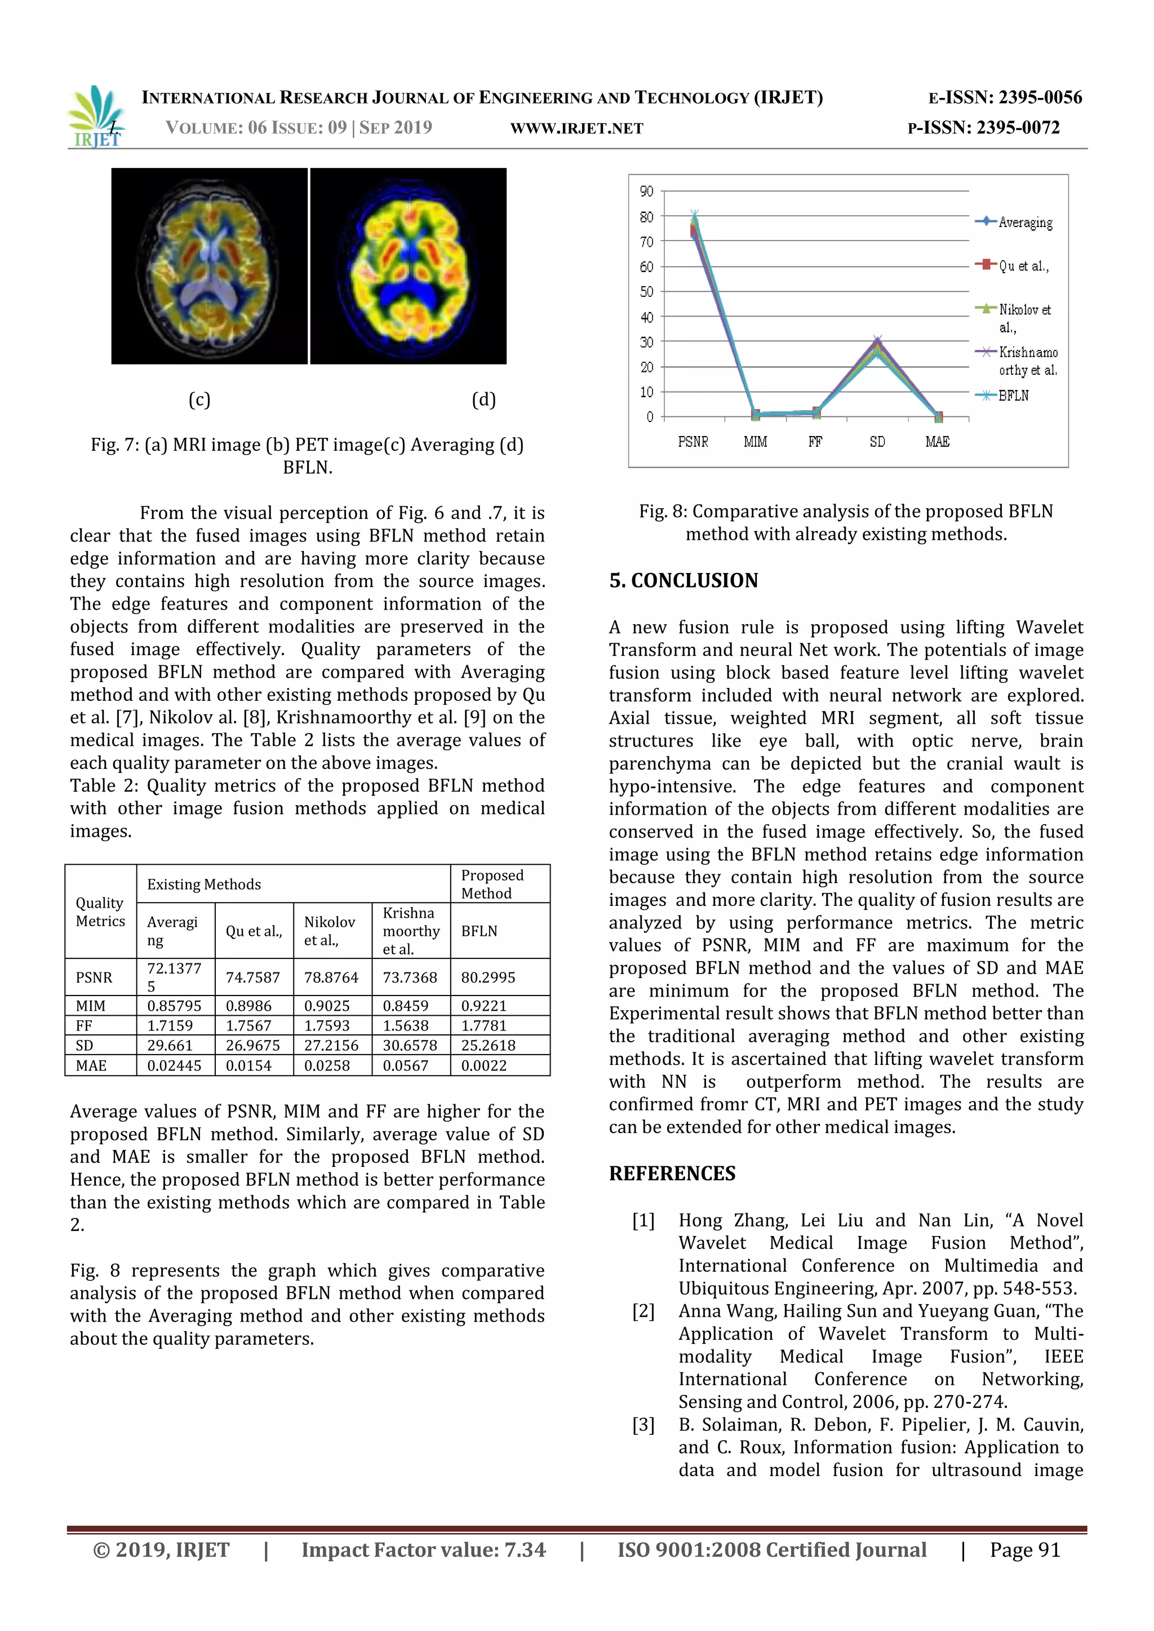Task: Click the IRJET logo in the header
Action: (97, 117)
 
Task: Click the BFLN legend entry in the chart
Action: (1012, 395)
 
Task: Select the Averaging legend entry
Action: (1024, 223)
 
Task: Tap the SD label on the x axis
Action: (877, 442)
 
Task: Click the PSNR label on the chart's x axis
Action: (693, 442)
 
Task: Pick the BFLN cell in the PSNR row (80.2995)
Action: (488, 977)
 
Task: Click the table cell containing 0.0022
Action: (484, 1065)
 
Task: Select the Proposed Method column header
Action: (492, 884)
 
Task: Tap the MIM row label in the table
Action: (91, 1006)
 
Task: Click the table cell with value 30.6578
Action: (410, 1046)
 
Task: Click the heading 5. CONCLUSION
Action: (683, 580)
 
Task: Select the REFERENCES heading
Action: (672, 1173)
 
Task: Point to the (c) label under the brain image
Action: (199, 399)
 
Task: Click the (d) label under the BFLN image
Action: (484, 399)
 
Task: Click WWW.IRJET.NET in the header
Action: (576, 128)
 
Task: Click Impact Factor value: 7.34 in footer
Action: (424, 1550)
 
